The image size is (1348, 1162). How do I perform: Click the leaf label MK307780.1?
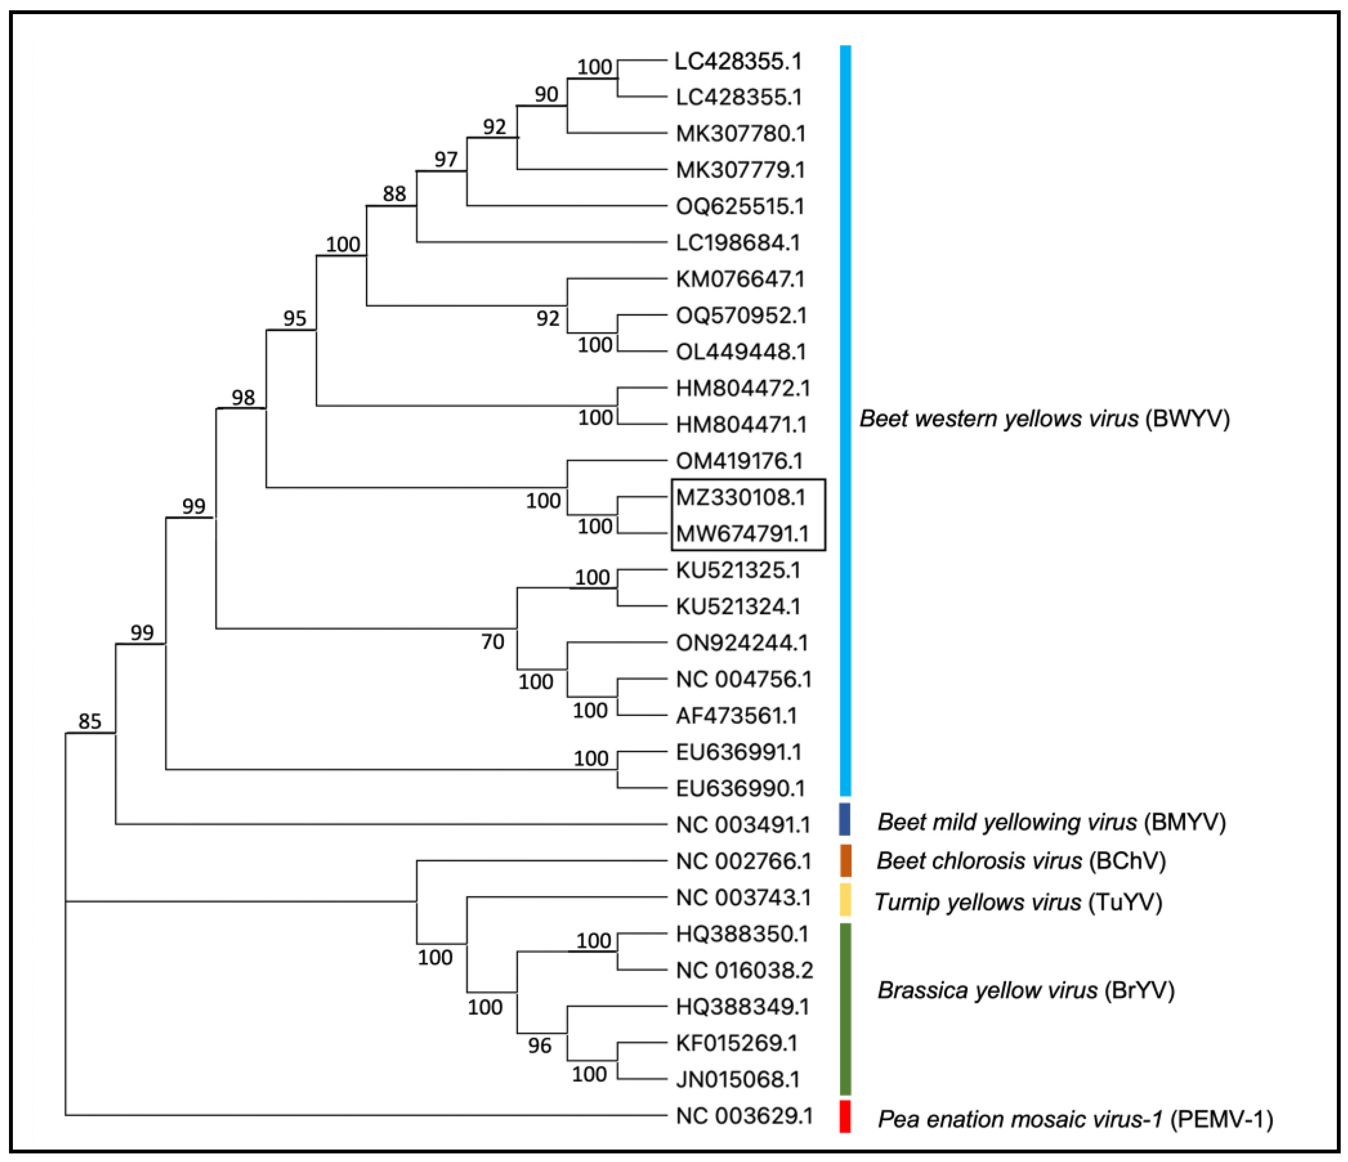(740, 134)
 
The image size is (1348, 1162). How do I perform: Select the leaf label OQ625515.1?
(740, 207)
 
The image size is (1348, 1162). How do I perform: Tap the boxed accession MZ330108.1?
(740, 497)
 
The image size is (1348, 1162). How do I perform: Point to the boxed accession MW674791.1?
(742, 534)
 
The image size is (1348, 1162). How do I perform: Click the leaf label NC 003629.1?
(744, 1116)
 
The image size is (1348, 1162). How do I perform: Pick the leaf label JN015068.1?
(738, 1079)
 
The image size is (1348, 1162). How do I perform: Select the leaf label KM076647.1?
(740, 280)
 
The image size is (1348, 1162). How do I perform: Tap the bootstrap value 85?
(90, 721)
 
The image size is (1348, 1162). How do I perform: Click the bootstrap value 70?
(493, 642)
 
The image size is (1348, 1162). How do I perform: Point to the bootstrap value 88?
(394, 194)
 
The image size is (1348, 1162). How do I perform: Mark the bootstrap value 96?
(539, 1046)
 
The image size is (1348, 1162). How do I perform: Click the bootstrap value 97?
(446, 160)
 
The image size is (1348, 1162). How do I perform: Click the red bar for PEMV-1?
(845, 1116)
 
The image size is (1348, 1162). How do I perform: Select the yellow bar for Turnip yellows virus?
(845, 899)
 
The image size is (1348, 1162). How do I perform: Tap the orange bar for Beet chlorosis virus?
(845, 860)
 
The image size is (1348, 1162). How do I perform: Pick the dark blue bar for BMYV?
(845, 819)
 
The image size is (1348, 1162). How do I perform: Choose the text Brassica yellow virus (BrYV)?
(1025, 990)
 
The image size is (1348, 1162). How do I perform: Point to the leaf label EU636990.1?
(740, 789)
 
